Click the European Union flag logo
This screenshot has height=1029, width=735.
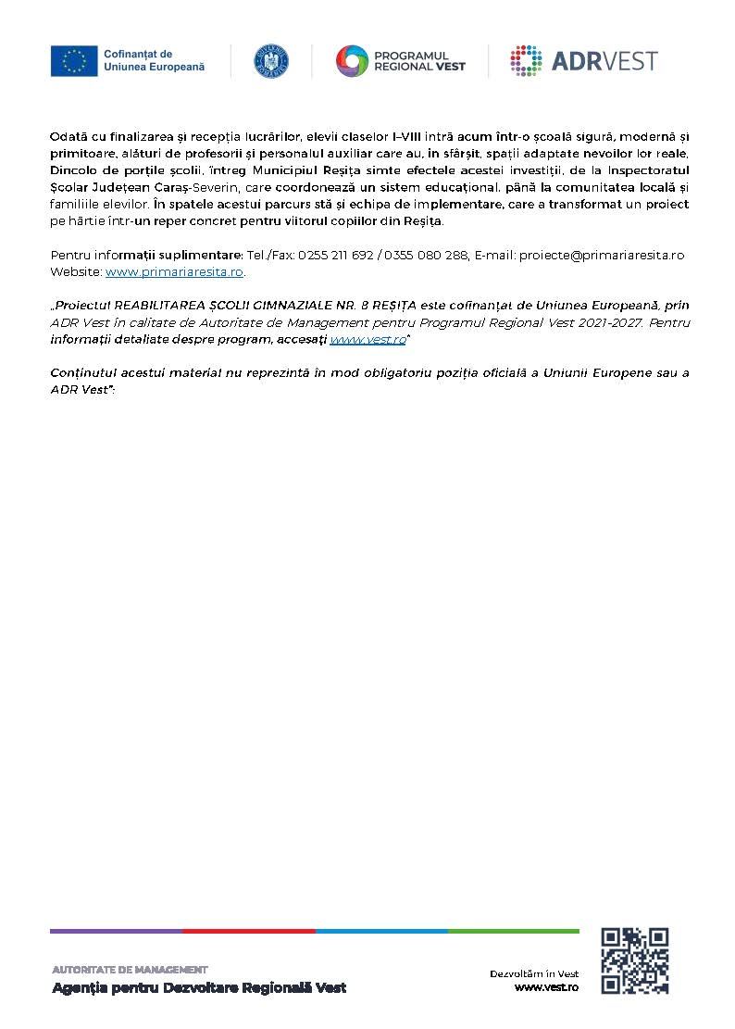click(x=74, y=61)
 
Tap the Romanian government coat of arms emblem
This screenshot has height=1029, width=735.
click(x=270, y=61)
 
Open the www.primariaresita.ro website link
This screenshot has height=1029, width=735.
click(x=175, y=272)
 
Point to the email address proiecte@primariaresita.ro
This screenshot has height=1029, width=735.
click(x=602, y=255)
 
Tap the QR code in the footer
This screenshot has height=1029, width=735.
click(x=635, y=960)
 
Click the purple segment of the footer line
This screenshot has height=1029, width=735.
click(x=116, y=931)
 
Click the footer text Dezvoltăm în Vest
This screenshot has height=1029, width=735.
click(x=534, y=973)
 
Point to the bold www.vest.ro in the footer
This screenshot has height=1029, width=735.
click(x=546, y=987)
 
